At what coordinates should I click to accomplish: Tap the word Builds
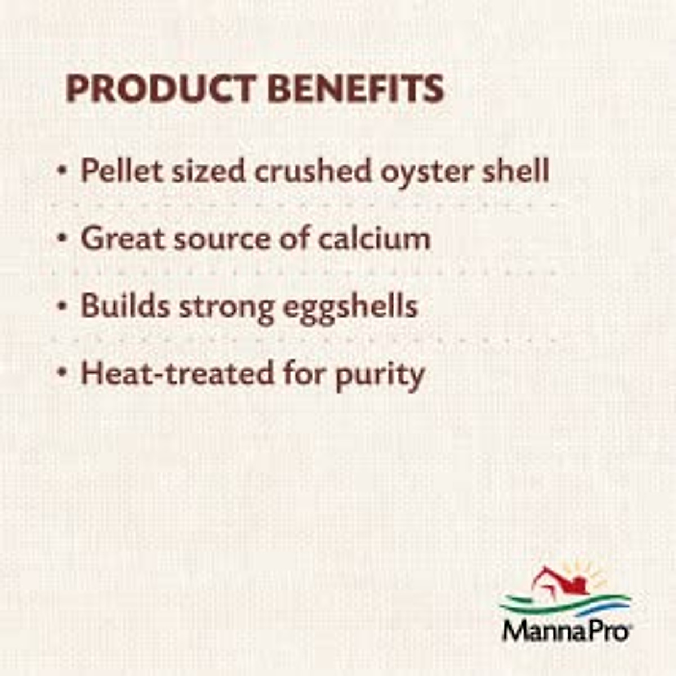[x=124, y=306]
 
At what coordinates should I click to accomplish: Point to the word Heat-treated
[x=177, y=373]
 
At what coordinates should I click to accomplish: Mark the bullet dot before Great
[x=63, y=238]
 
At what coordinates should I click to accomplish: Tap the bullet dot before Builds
[x=63, y=306]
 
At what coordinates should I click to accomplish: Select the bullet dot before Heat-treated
[x=63, y=373]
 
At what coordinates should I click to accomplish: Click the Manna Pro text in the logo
[x=565, y=630]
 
